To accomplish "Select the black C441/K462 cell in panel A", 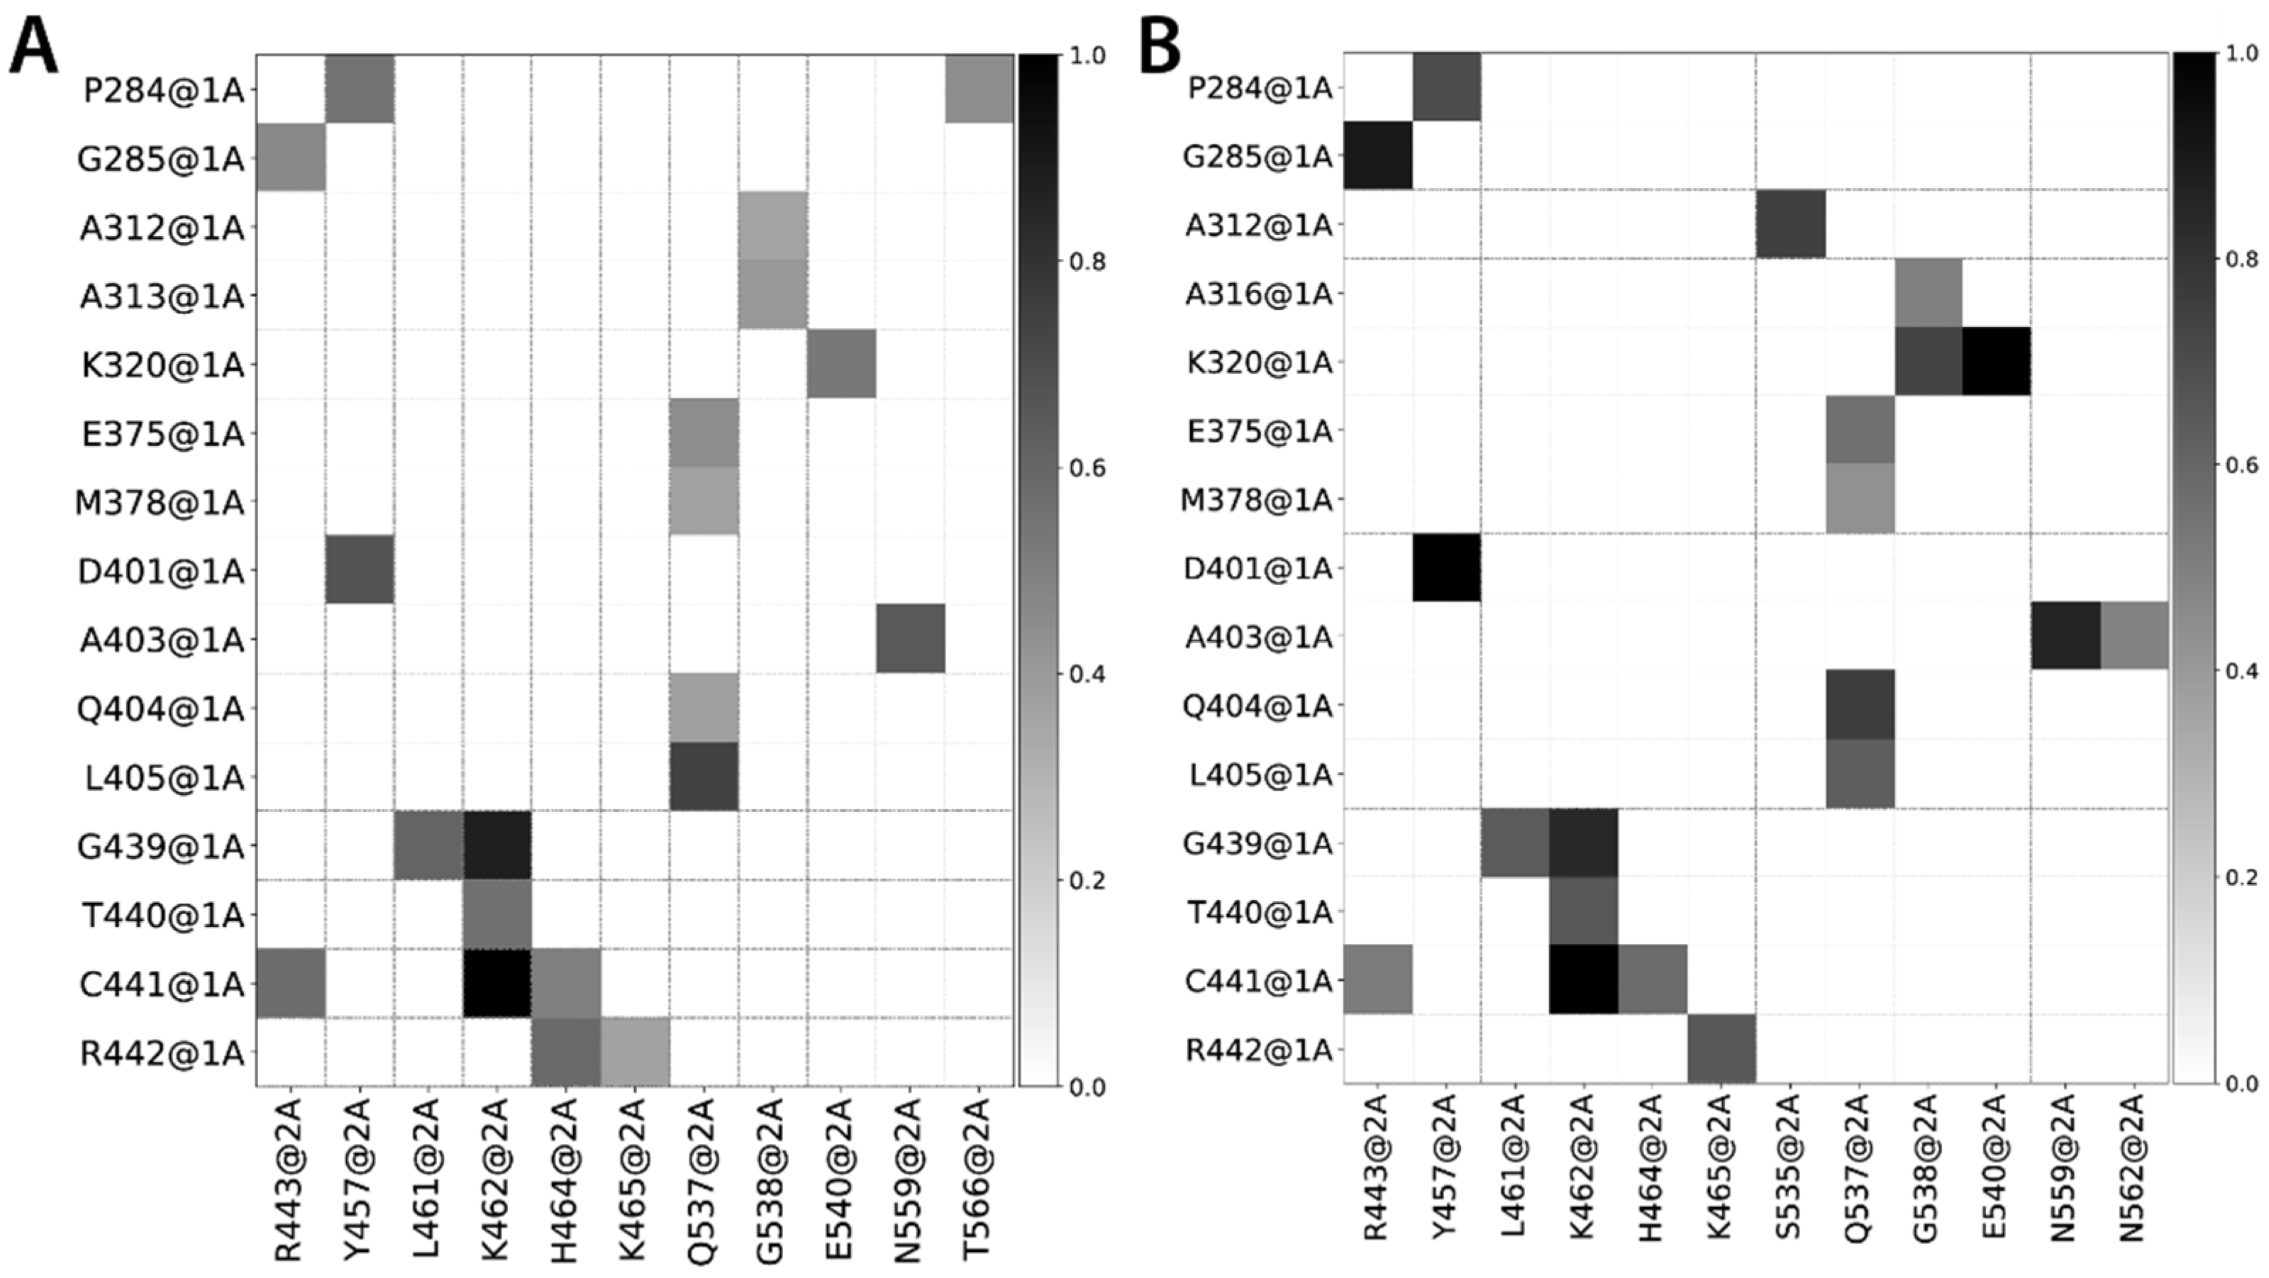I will point(496,983).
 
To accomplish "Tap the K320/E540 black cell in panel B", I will point(1996,361).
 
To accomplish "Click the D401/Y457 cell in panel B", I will point(1446,567).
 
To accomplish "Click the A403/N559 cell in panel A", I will point(910,638).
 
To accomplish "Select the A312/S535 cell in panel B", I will point(1790,223).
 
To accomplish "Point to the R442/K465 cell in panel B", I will point(1721,1048).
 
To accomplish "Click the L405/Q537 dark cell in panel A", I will point(703,776).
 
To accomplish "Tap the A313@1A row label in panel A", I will point(161,297).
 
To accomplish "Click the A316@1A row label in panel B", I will point(1258,294).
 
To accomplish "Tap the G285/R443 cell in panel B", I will point(1377,155).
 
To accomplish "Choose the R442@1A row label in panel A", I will point(161,1052).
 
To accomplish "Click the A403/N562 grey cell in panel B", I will point(2134,636).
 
